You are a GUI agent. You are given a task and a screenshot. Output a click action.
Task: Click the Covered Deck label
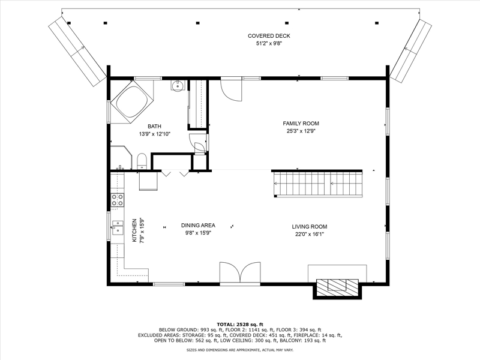click(269, 36)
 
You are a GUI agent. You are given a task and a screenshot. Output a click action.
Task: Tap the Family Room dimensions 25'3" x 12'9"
click(301, 131)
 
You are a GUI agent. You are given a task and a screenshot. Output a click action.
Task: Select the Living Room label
click(309, 227)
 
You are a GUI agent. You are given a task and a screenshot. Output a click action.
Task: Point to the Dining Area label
click(198, 226)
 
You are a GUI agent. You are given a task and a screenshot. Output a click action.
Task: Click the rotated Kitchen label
click(134, 230)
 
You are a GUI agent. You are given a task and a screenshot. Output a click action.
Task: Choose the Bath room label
click(154, 126)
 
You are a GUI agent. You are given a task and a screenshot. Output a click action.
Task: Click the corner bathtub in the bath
click(131, 101)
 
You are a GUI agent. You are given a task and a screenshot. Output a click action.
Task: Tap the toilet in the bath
click(142, 161)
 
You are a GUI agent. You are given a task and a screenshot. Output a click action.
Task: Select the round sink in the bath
click(177, 85)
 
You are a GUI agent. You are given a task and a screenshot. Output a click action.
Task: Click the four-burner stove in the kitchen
click(117, 200)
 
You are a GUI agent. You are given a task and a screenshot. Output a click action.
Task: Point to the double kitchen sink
click(117, 227)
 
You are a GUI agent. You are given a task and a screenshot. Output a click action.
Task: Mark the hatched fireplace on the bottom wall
click(337, 287)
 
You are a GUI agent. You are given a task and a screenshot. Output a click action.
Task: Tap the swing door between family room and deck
click(231, 89)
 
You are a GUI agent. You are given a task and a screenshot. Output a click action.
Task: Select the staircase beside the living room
click(318, 184)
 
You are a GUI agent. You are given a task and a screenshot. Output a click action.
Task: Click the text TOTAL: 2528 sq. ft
click(239, 325)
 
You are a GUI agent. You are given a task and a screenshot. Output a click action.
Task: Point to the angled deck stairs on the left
click(78, 50)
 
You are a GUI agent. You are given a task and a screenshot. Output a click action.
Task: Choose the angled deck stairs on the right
click(410, 51)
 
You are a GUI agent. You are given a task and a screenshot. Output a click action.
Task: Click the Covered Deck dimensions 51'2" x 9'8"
click(269, 43)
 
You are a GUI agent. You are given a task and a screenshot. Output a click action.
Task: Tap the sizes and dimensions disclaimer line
click(239, 350)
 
